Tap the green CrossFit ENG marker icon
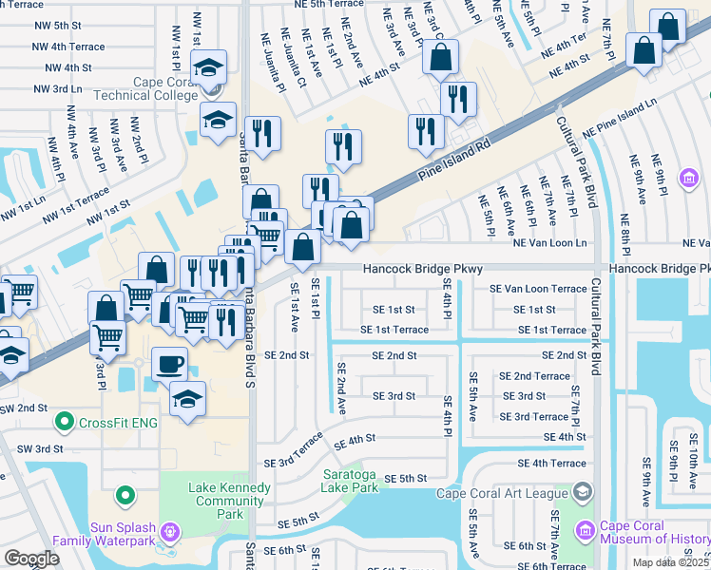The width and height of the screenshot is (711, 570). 65,420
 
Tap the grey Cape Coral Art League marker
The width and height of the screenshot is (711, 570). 583,491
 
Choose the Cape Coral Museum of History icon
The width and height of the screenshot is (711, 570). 584,527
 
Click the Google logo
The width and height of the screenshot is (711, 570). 31,559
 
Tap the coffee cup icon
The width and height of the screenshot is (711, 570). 170,364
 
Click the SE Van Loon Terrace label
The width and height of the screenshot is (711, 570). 538,288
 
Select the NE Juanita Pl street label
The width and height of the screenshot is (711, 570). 272,64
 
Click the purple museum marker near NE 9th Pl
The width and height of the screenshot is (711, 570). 689,178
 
